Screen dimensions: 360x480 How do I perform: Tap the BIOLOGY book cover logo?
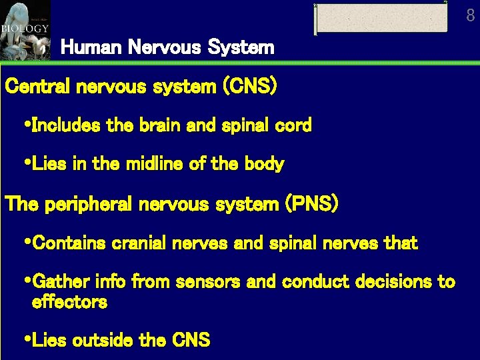pos(25,29)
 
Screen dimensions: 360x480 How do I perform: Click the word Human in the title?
pos(83,47)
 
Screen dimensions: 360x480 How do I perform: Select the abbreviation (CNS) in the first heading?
pos(249,87)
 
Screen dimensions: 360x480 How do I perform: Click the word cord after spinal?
pos(293,125)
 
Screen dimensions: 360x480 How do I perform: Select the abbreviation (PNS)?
pos(311,204)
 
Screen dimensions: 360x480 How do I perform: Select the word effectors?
pos(69,302)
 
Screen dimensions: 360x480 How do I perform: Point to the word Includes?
pos(64,125)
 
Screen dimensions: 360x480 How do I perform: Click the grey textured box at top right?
pos(381,18)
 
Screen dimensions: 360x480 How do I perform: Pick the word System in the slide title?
pos(241,47)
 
